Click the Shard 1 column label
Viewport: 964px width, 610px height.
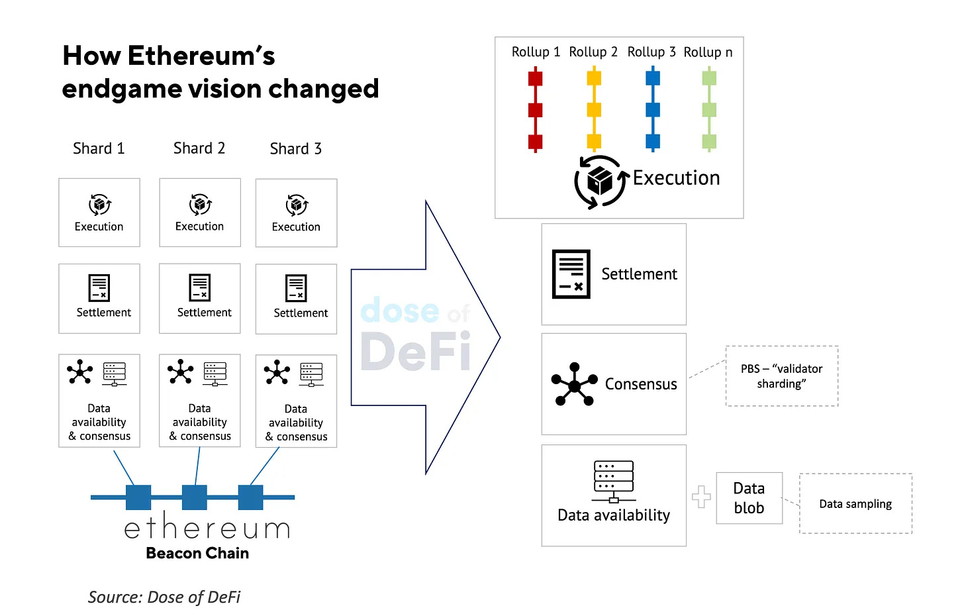[99, 148]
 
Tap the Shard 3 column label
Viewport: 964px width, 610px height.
[295, 149]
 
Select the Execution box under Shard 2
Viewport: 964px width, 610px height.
[200, 213]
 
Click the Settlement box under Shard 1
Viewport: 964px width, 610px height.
[99, 298]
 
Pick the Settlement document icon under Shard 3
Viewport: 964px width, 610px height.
[296, 287]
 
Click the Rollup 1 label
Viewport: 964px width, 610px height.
[536, 52]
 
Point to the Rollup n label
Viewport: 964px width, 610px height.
[708, 52]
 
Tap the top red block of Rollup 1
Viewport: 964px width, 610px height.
[535, 78]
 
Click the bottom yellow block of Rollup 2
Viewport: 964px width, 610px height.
[594, 141]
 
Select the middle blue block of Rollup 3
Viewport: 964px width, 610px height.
[653, 110]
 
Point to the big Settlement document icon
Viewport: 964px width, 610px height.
[571, 274]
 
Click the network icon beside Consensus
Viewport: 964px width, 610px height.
[574, 384]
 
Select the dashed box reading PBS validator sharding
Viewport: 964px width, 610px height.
[781, 376]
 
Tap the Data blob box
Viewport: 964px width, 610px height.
[749, 498]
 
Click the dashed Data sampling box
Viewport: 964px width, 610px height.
[855, 503]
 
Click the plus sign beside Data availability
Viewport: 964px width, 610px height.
[701, 497]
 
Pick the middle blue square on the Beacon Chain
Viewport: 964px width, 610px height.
[195, 497]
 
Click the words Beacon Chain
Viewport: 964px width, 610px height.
[197, 553]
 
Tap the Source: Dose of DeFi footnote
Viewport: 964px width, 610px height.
[164, 597]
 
